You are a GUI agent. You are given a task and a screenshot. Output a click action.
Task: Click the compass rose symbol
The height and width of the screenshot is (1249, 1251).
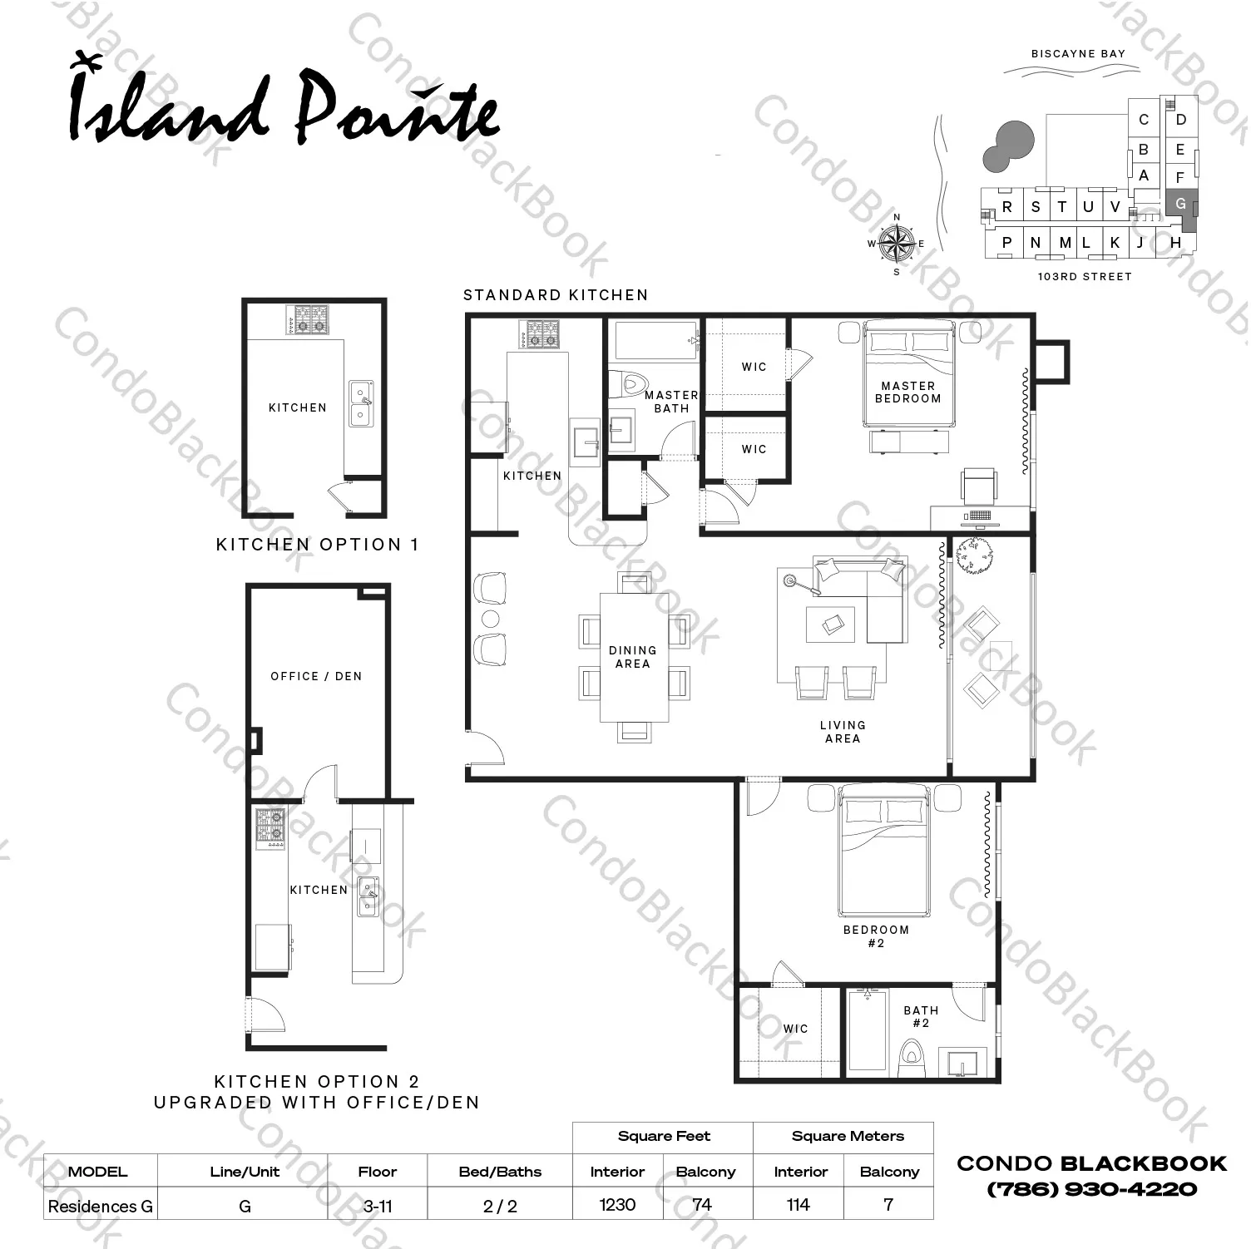point(897,244)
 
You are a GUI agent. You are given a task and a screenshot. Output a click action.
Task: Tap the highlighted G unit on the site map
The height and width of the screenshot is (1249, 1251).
point(1181,205)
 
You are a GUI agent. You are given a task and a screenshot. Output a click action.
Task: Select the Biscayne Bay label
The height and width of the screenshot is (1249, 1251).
point(1078,54)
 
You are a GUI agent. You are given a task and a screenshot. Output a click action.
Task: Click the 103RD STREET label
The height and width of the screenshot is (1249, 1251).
point(1085,277)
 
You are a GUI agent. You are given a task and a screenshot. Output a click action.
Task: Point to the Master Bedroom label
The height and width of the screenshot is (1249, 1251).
point(907,392)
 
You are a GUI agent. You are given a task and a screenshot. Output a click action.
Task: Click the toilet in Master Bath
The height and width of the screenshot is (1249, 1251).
point(628,384)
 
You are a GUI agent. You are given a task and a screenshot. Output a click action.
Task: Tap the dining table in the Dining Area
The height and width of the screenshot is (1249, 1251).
point(634,657)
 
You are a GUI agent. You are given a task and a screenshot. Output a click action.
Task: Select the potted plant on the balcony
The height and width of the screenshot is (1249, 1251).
point(972,555)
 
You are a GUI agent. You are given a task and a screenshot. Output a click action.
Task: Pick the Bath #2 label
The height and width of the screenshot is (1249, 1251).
point(921,1016)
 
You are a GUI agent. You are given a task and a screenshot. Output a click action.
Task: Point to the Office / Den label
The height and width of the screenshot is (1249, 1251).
point(316,676)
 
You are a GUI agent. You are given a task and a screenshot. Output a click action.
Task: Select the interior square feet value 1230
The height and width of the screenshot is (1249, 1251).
point(617,1205)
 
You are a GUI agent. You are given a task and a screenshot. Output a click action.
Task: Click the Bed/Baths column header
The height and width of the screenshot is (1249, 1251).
point(500,1172)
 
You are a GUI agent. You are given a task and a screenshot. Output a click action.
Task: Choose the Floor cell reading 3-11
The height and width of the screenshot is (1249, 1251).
point(378,1206)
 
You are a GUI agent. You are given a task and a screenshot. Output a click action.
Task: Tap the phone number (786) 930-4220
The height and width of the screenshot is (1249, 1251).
point(1091,1189)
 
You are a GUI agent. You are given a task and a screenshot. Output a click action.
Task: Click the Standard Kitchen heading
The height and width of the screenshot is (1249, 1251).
point(556,295)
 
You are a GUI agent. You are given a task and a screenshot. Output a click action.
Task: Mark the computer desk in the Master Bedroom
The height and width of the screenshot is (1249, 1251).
point(979,517)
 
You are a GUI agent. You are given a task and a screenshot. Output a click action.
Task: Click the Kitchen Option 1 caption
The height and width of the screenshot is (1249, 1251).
point(317,545)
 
